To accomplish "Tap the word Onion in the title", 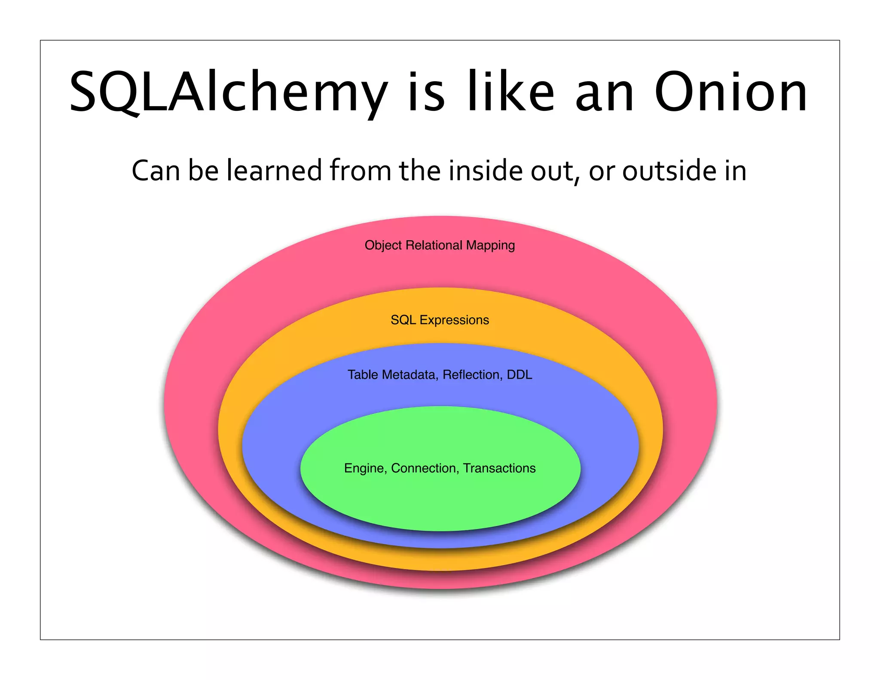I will coord(730,92).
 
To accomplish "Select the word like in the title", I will coord(511,92).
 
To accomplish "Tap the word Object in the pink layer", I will coord(383,245).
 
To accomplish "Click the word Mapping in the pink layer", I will coord(490,245).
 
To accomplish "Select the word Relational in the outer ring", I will coord(434,245).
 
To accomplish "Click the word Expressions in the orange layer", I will coord(454,320).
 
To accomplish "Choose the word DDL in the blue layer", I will coord(519,375).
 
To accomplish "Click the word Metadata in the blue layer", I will coord(410,375).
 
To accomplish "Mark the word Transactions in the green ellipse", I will coord(499,468).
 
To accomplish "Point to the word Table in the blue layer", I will coord(363,375).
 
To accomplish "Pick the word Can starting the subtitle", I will coord(156,171).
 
